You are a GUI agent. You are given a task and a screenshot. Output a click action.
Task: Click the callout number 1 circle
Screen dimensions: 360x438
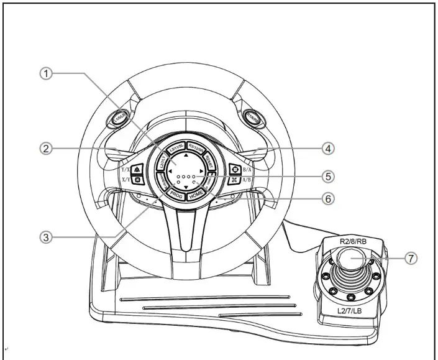coord(45,73)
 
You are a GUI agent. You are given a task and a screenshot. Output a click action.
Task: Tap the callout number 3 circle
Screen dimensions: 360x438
coord(45,236)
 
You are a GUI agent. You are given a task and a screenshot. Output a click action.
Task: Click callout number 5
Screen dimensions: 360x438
coord(329,176)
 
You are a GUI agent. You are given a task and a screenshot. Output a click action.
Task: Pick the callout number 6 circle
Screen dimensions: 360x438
coord(329,199)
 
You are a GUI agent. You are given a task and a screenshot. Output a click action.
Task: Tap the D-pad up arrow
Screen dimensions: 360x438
coord(186,153)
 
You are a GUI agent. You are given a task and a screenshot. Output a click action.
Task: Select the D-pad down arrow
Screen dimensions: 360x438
coord(186,186)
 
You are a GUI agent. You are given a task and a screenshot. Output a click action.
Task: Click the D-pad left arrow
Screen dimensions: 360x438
coord(170,169)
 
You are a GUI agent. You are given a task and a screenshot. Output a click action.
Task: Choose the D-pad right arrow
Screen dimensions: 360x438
coord(202,169)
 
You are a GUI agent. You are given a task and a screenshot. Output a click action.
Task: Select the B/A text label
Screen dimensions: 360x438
coord(247,167)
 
